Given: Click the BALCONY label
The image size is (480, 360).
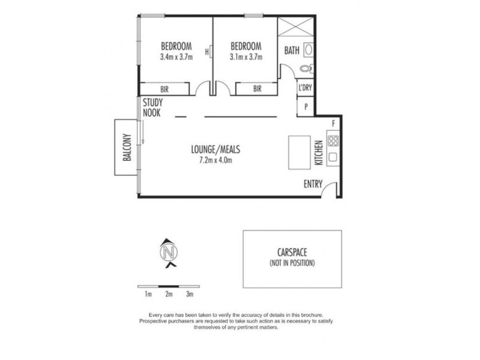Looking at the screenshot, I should coord(127,147).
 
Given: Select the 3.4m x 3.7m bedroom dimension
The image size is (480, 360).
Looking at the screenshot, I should coord(176,58).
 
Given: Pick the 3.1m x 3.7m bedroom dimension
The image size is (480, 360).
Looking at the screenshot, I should coord(246,58).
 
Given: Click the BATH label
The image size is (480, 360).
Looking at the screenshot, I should coord(292,50).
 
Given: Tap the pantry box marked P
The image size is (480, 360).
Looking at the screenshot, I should coord(306,107).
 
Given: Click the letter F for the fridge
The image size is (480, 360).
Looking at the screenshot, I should coord(334,124).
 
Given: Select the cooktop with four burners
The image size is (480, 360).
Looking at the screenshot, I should coord(334,142).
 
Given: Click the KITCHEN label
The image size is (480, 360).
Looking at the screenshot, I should coord(319,152).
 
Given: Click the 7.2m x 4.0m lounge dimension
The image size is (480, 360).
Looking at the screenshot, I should coord(211,160).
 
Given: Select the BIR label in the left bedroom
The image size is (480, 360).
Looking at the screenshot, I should coord(164,89).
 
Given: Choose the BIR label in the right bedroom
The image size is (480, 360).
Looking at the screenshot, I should coord(257,89).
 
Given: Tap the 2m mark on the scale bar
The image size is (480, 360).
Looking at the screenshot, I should coord(169,293).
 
